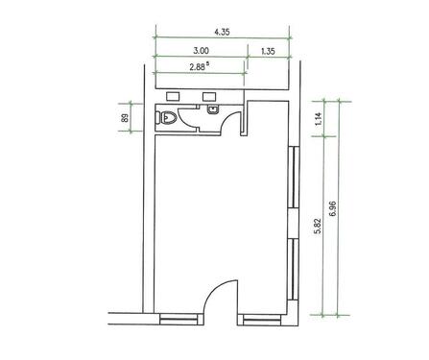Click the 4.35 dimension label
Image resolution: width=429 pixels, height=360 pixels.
(x=222, y=32)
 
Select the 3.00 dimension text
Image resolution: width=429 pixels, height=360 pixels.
(x=201, y=51)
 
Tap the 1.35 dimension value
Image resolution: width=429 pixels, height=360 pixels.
(x=268, y=51)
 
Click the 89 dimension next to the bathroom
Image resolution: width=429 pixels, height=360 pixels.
(x=125, y=117)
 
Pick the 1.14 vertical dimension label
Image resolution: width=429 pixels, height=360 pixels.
(x=320, y=119)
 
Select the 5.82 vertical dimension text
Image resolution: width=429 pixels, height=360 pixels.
(x=318, y=226)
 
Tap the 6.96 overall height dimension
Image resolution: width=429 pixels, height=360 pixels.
(x=333, y=208)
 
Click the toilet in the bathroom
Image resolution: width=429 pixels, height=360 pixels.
(x=166, y=118)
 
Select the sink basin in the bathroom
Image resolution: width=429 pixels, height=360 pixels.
(x=213, y=109)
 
